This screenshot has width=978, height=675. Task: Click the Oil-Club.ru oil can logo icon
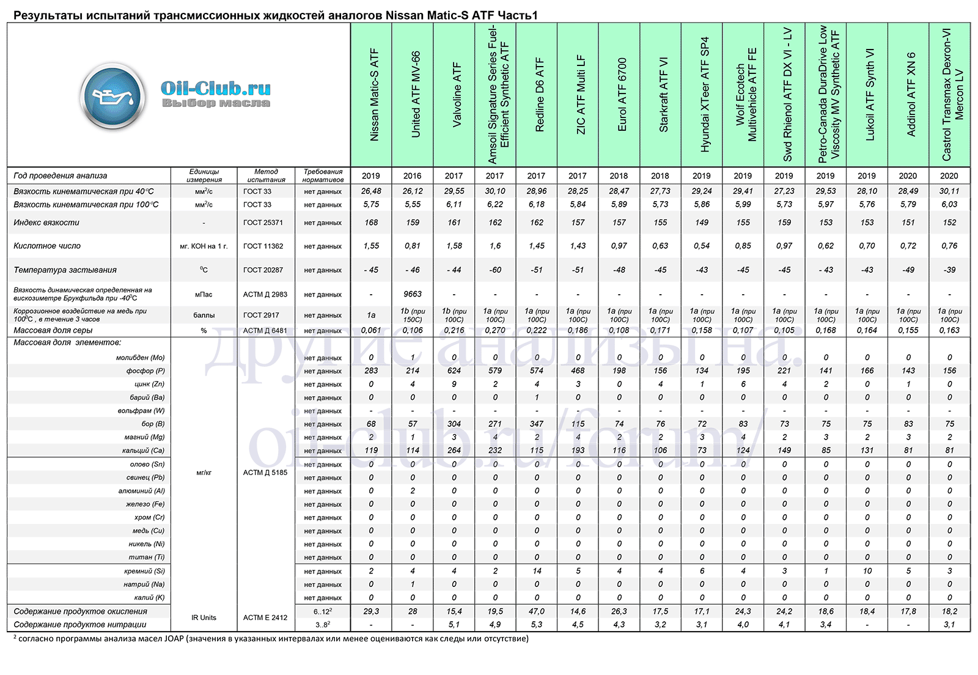(112, 97)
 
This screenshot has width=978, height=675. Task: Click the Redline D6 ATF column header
(540, 95)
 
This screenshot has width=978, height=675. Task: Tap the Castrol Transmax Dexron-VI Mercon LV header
(952, 95)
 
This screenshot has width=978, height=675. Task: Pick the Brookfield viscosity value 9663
(412, 294)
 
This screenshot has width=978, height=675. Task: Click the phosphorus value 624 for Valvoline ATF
(454, 371)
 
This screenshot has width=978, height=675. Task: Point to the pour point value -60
(495, 270)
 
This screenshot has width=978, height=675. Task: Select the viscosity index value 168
(371, 223)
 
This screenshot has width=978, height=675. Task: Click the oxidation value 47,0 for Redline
(537, 611)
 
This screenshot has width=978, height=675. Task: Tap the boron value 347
(537, 424)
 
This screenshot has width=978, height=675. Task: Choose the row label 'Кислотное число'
(47, 246)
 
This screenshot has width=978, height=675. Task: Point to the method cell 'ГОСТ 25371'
(263, 223)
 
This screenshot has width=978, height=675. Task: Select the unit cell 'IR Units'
(204, 618)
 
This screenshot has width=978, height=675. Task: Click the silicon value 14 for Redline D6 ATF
(537, 571)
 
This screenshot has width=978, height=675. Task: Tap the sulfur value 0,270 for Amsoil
(495, 331)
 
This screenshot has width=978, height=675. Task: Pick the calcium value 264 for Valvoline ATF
(454, 451)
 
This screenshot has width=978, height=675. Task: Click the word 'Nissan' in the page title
(404, 16)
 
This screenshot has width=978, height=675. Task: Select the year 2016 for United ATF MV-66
(412, 176)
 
